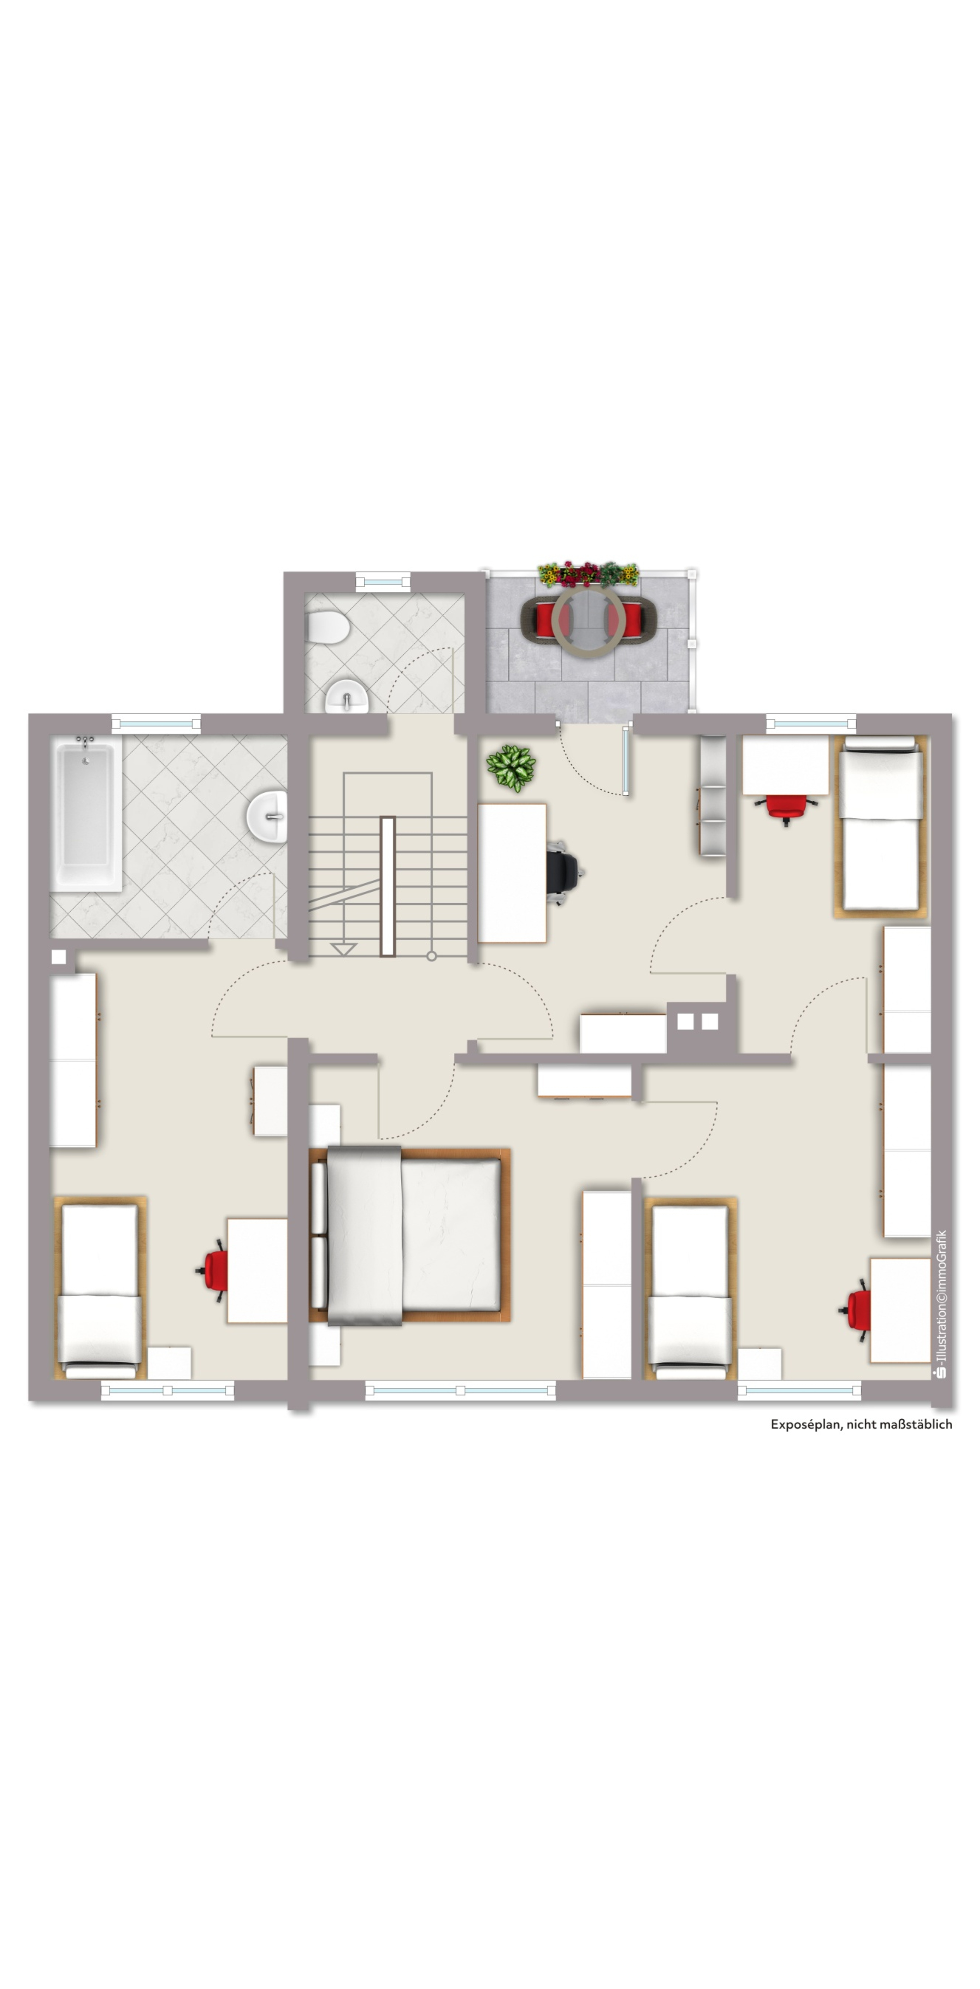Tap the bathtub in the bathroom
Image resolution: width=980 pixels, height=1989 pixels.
click(x=86, y=812)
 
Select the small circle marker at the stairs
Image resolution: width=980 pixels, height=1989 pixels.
click(x=432, y=956)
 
